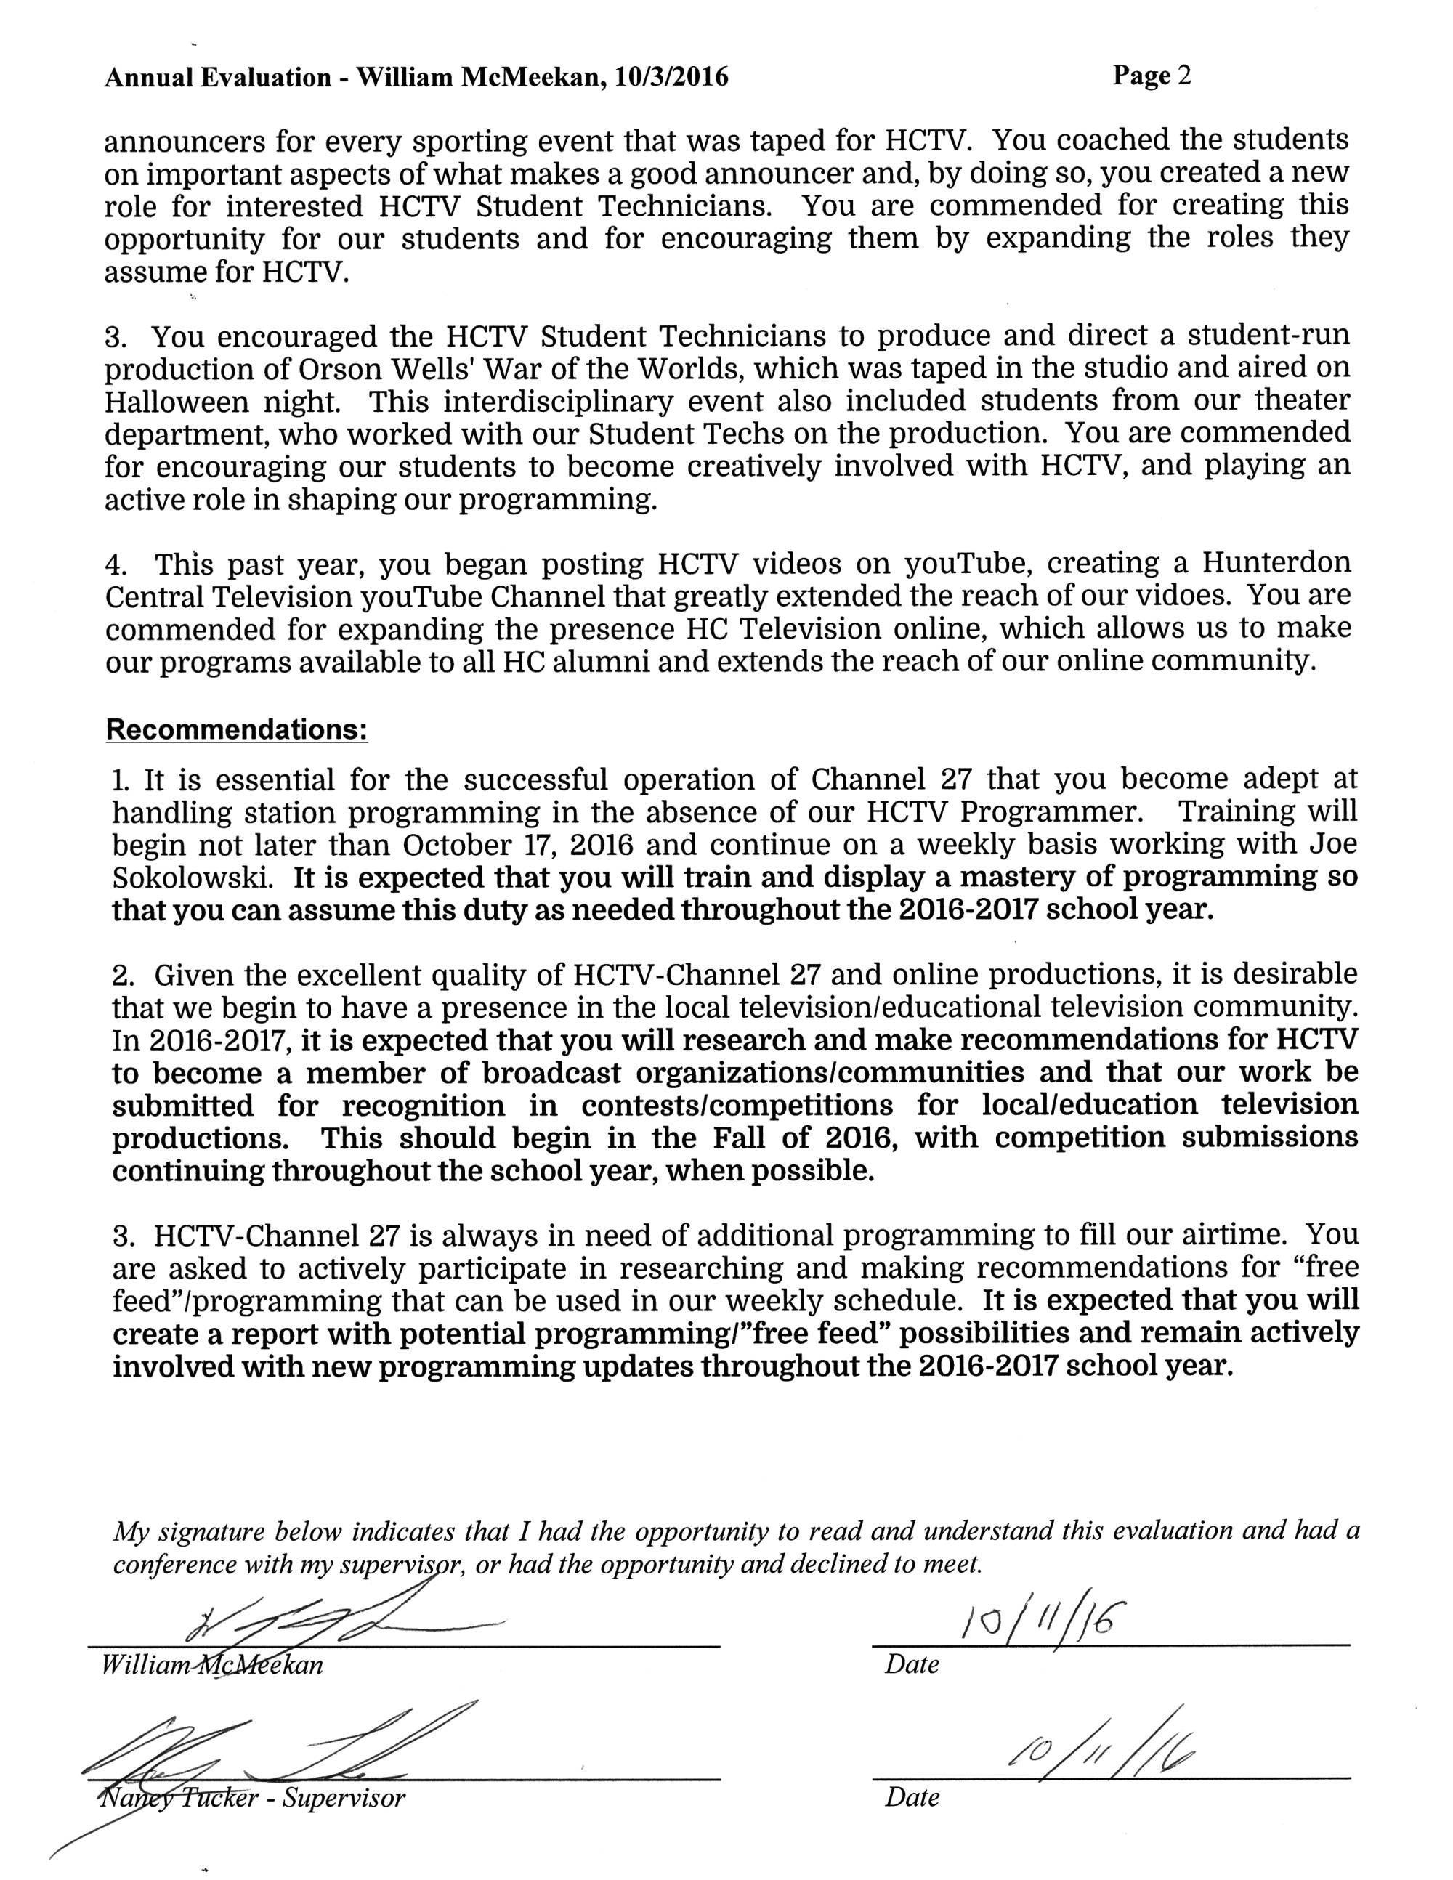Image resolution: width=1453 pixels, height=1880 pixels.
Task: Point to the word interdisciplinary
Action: [x=568, y=401]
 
